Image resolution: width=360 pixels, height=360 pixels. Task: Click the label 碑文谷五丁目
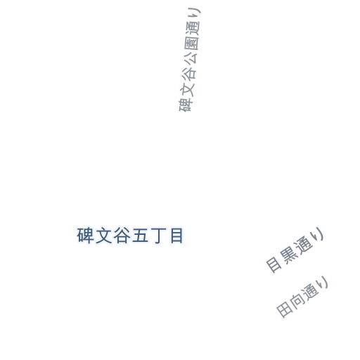click(x=130, y=236)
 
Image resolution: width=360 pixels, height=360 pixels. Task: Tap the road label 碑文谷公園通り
click(x=190, y=60)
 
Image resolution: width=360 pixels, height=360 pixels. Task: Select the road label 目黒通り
click(x=295, y=250)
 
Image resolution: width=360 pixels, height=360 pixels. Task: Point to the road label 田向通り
click(x=302, y=297)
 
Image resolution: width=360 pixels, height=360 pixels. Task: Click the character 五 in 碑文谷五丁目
click(x=141, y=236)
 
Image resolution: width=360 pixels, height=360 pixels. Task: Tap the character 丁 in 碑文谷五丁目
click(x=158, y=236)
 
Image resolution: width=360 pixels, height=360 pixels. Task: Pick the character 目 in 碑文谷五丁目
click(x=176, y=236)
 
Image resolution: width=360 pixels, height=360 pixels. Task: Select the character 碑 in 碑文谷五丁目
click(x=85, y=236)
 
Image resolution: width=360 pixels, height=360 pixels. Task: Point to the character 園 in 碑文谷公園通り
click(x=192, y=43)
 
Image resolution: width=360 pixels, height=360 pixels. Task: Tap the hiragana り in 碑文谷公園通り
click(x=195, y=13)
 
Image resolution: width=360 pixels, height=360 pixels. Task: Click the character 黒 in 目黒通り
click(x=288, y=255)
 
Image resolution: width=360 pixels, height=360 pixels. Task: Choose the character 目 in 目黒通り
click(x=274, y=265)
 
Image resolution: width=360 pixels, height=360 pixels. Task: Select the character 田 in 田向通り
click(x=285, y=309)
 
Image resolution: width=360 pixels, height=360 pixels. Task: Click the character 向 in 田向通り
click(x=297, y=301)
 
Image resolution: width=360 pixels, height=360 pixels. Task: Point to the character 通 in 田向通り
click(x=310, y=291)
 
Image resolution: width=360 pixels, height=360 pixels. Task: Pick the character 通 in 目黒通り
click(x=303, y=245)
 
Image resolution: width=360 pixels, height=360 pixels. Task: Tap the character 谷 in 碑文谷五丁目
click(x=122, y=236)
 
